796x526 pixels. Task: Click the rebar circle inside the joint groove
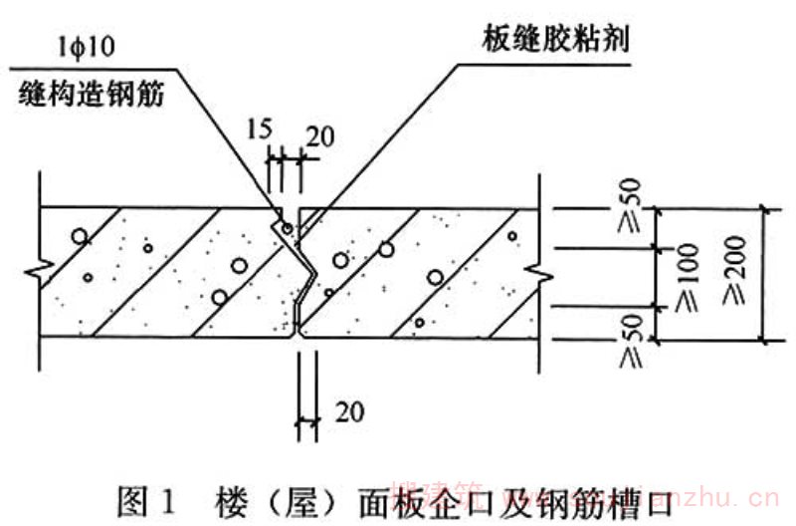287,229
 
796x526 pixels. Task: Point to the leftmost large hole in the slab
78,238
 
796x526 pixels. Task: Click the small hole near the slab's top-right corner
511,236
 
